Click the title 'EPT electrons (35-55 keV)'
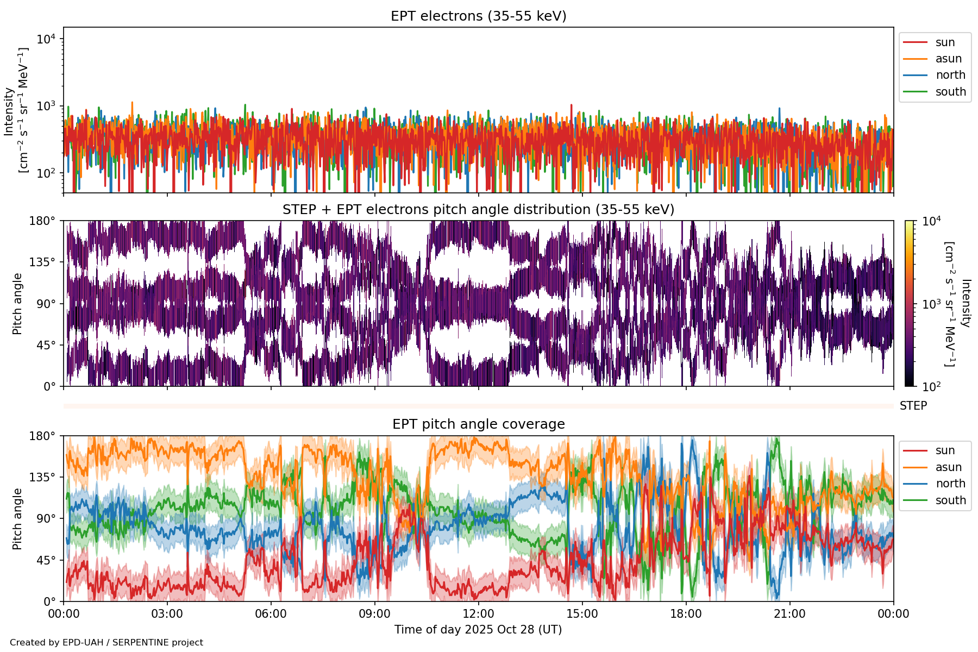pos(478,16)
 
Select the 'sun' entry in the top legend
pos(945,42)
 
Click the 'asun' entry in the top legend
pos(948,59)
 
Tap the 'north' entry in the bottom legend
pos(950,484)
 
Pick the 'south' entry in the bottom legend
pos(950,500)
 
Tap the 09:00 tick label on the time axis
pos(374,614)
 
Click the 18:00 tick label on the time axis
pos(686,614)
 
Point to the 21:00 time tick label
pos(789,614)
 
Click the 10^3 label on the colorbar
pos(932,304)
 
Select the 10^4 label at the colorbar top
pos(932,221)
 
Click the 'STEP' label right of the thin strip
pos(913,406)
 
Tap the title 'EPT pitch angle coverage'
pos(478,424)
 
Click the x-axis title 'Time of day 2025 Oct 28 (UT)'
pos(478,630)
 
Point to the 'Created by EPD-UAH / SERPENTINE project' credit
pos(106,642)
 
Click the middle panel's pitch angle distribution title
pos(478,210)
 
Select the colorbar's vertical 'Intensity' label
pos(965,303)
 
